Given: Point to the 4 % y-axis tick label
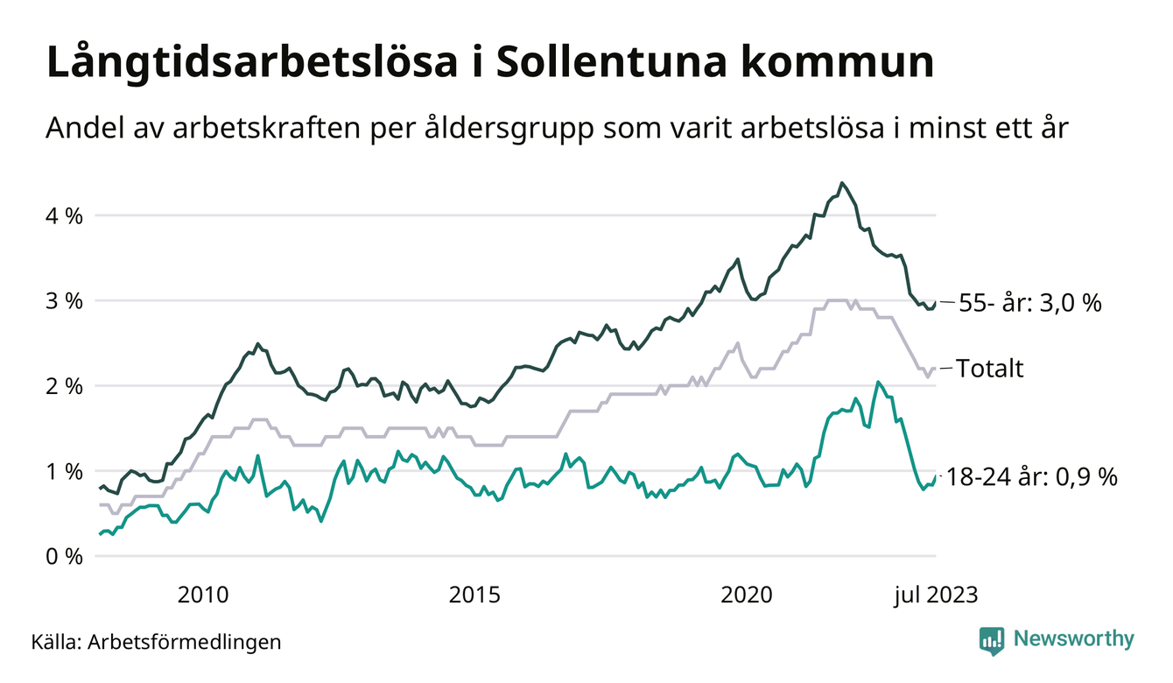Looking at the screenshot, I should pyautogui.click(x=64, y=215).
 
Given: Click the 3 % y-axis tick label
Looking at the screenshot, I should pyautogui.click(x=64, y=301).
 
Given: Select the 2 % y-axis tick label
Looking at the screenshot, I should pyautogui.click(x=64, y=386).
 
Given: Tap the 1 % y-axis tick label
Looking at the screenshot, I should pyautogui.click(x=64, y=471).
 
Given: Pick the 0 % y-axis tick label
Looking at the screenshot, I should pyautogui.click(x=64, y=557).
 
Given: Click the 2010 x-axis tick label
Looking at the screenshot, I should pyautogui.click(x=203, y=595).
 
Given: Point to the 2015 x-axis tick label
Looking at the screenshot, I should pyautogui.click(x=474, y=595).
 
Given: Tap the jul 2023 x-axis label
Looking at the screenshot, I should pyautogui.click(x=935, y=595).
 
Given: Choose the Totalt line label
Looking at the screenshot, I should pyautogui.click(x=989, y=369).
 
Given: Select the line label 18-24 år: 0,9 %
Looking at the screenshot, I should pyautogui.click(x=1033, y=477).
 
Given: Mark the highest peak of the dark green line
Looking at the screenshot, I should pyautogui.click(x=841, y=183).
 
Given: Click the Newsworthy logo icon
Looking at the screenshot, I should pyautogui.click(x=992, y=640).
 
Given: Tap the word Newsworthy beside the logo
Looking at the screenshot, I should pyautogui.click(x=1073, y=639).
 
